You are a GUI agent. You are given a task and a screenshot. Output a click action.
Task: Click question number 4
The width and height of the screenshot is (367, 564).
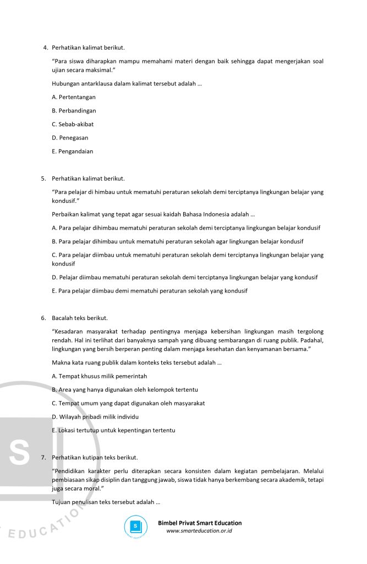[45, 47]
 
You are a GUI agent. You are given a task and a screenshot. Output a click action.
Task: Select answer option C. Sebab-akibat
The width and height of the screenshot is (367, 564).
[73, 124]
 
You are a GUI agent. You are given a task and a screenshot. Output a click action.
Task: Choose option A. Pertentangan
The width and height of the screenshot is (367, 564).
[74, 97]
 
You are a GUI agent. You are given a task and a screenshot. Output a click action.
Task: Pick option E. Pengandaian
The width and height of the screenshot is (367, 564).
[72, 151]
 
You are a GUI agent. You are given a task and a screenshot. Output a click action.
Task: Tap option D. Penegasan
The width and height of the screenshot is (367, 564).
[70, 138]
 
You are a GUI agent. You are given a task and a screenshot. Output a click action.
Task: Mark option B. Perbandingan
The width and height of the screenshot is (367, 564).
[74, 111]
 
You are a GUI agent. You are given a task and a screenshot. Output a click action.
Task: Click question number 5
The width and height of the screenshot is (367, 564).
[43, 178]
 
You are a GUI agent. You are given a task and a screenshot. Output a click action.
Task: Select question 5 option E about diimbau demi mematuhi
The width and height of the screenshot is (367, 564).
[149, 291]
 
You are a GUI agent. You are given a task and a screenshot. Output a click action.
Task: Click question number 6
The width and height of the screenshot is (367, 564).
[43, 318]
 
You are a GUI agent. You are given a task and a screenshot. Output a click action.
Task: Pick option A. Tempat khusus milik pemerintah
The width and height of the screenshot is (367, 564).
[99, 376]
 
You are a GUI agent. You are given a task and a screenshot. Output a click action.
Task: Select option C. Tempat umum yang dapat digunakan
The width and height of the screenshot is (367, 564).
[128, 403]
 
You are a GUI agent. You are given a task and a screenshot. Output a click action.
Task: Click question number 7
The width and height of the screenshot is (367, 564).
[43, 458]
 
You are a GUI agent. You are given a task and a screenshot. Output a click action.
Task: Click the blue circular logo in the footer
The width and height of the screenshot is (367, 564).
[135, 526]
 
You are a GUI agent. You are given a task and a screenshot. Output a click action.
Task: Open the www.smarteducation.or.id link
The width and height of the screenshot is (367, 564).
[199, 531]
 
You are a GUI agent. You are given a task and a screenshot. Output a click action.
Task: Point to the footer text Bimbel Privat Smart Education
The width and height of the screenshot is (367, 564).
[200, 523]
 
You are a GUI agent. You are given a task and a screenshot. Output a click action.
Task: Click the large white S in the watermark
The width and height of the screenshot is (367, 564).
[20, 453]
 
